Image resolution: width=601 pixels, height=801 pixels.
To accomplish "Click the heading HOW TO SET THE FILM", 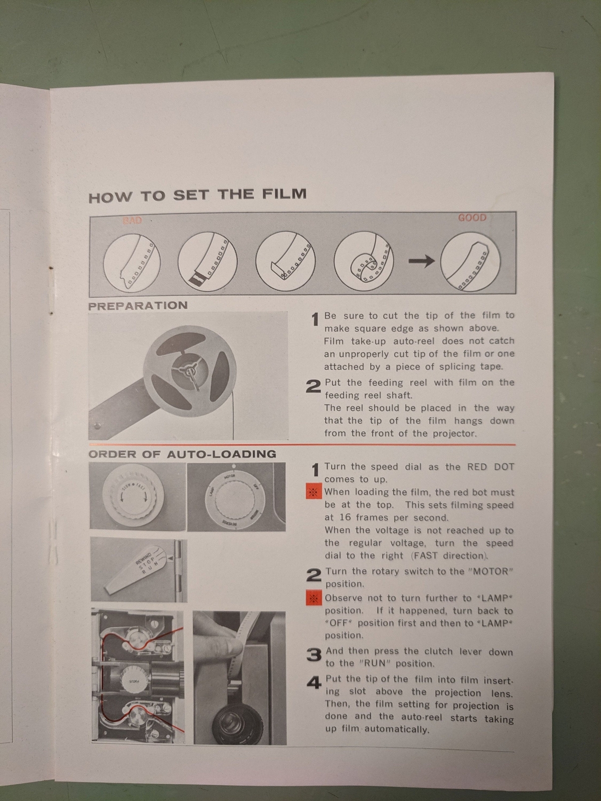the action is [197, 195].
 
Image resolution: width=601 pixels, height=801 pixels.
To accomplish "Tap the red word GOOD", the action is [472, 218].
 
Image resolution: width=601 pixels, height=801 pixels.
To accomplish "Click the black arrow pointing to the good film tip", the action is [422, 260].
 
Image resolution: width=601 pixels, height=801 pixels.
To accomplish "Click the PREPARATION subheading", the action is [138, 306].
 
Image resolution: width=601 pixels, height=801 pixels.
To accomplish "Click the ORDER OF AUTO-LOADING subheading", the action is [182, 454].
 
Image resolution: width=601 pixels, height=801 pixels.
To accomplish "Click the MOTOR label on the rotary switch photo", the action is [229, 477].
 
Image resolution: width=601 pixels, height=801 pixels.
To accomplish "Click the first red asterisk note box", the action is [314, 492].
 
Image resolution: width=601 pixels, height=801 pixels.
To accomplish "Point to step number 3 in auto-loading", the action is [314, 655].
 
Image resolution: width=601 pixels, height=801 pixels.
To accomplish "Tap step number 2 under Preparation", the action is [313, 386].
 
